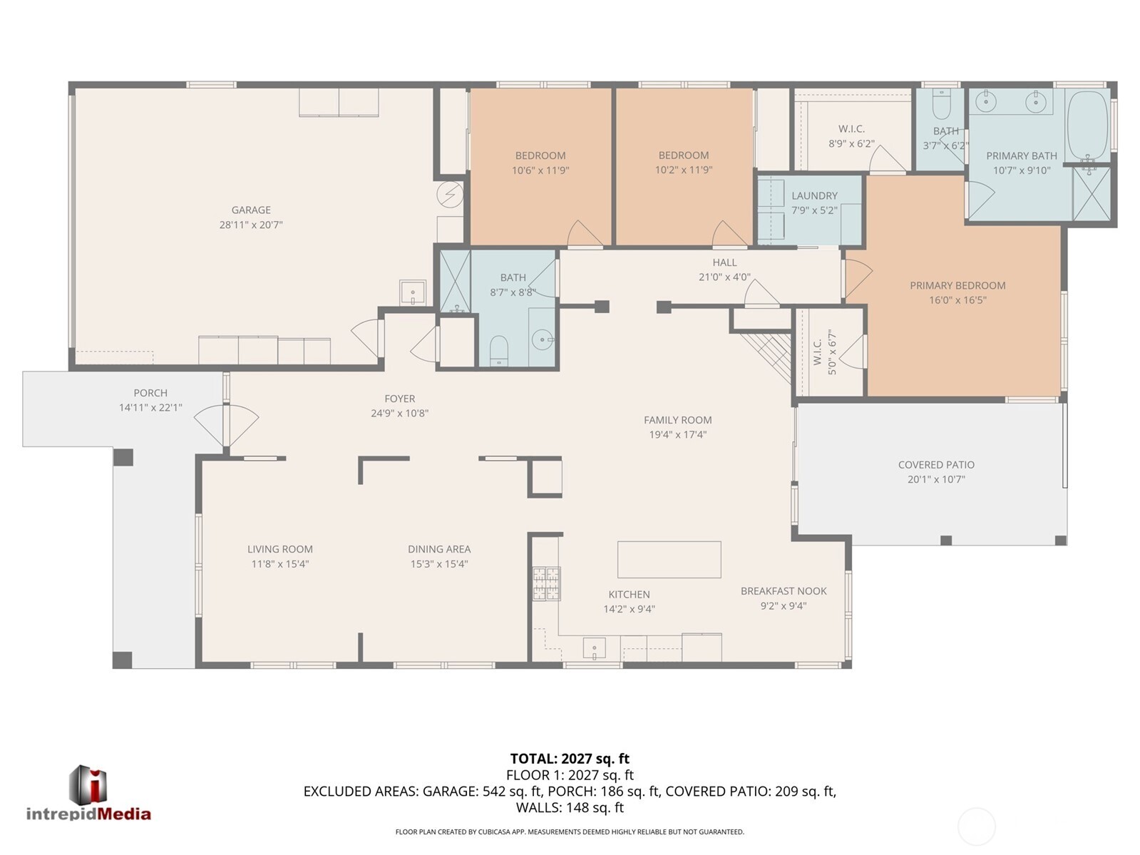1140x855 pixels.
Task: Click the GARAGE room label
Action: coord(251,210)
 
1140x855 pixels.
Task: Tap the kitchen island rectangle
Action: coord(669,560)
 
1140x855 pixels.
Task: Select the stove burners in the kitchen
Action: coord(546,583)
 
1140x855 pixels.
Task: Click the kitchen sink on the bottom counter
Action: coord(594,648)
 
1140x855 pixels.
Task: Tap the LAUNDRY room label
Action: coord(814,195)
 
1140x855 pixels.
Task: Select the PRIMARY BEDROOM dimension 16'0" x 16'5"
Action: coord(957,300)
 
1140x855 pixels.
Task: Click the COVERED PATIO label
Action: coord(936,465)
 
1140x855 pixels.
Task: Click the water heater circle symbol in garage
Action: coord(450,193)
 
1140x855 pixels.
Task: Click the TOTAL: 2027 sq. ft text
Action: coord(570,759)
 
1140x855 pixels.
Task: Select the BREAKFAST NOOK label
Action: coord(784,591)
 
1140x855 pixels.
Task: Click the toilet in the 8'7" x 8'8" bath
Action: coord(498,349)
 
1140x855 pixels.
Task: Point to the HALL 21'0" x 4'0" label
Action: coord(724,270)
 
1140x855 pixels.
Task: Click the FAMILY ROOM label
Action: coord(677,420)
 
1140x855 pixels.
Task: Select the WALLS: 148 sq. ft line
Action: coord(570,807)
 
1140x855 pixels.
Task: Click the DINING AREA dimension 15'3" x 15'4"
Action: coord(438,564)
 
